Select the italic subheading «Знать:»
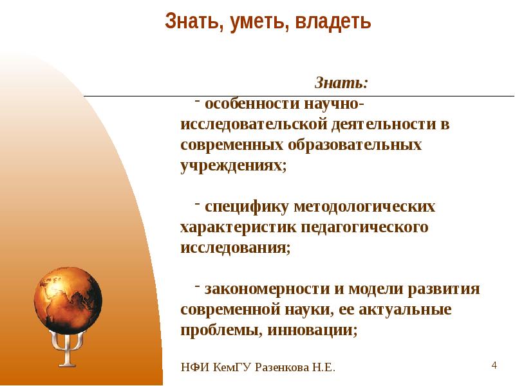tap(341, 84)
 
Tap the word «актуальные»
tap(405, 309)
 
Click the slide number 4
tap(494, 365)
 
